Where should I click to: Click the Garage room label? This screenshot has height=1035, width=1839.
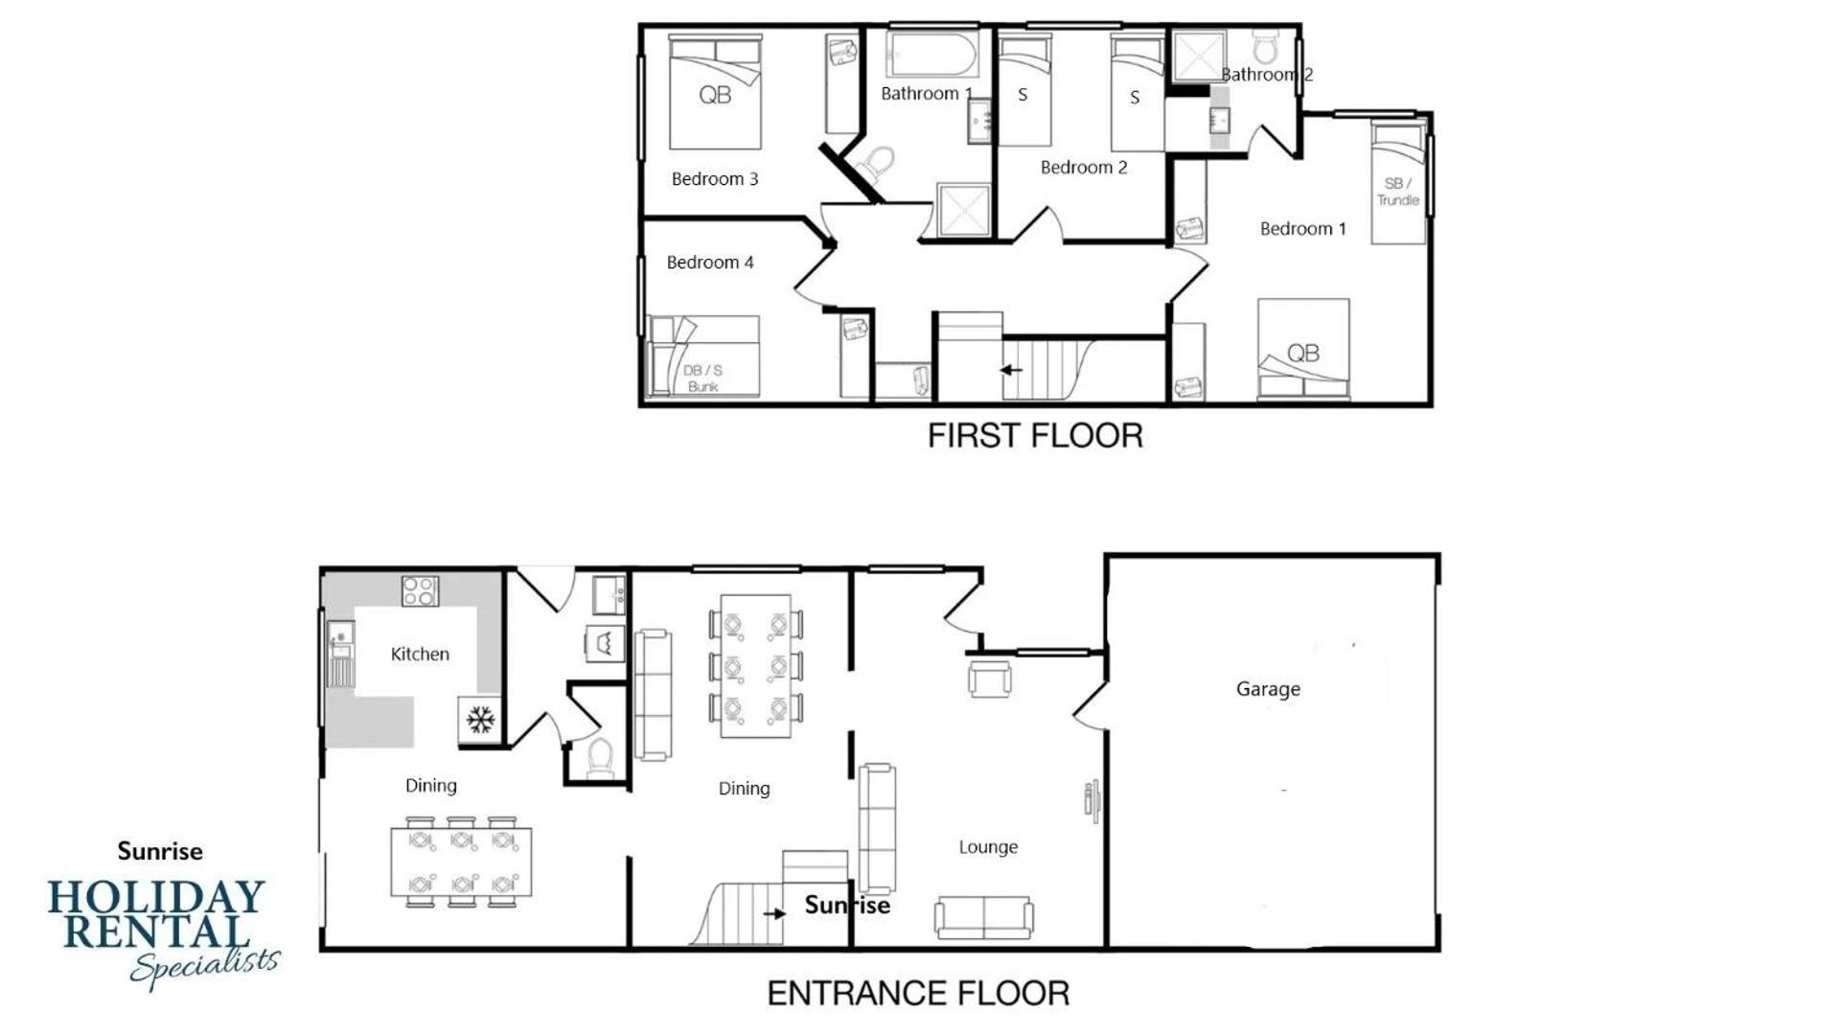pyautogui.click(x=1268, y=689)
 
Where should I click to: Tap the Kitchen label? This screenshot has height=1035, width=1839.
pyautogui.click(x=420, y=654)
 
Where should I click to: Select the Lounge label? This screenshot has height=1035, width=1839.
pyautogui.click(x=988, y=847)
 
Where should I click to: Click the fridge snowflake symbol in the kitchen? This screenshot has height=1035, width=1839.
pyautogui.click(x=480, y=719)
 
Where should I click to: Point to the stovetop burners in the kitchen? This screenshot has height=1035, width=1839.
pyautogui.click(x=420, y=590)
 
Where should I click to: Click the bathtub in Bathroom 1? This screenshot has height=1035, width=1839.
pyautogui.click(x=931, y=55)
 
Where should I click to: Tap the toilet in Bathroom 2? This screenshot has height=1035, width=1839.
pyautogui.click(x=1267, y=45)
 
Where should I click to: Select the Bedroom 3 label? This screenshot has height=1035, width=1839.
pyautogui.click(x=715, y=179)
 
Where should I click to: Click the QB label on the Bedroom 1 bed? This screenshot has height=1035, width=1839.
pyautogui.click(x=1303, y=354)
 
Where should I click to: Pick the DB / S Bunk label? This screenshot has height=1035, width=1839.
pyautogui.click(x=703, y=379)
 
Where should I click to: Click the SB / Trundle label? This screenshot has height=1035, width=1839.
pyautogui.click(x=1398, y=192)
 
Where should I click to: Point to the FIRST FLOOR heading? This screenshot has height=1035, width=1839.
pyautogui.click(x=1035, y=436)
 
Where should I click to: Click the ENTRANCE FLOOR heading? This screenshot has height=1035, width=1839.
pyautogui.click(x=918, y=994)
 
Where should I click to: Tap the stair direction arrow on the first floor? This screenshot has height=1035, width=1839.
pyautogui.click(x=1011, y=369)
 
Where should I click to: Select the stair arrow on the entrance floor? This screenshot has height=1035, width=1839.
pyautogui.click(x=774, y=913)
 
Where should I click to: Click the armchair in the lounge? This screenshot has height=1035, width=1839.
pyautogui.click(x=989, y=678)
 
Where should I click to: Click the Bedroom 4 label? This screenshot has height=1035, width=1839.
pyautogui.click(x=710, y=263)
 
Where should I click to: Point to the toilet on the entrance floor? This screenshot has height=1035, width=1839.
pyautogui.click(x=600, y=756)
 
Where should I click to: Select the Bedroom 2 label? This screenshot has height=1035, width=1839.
pyautogui.click(x=1084, y=168)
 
